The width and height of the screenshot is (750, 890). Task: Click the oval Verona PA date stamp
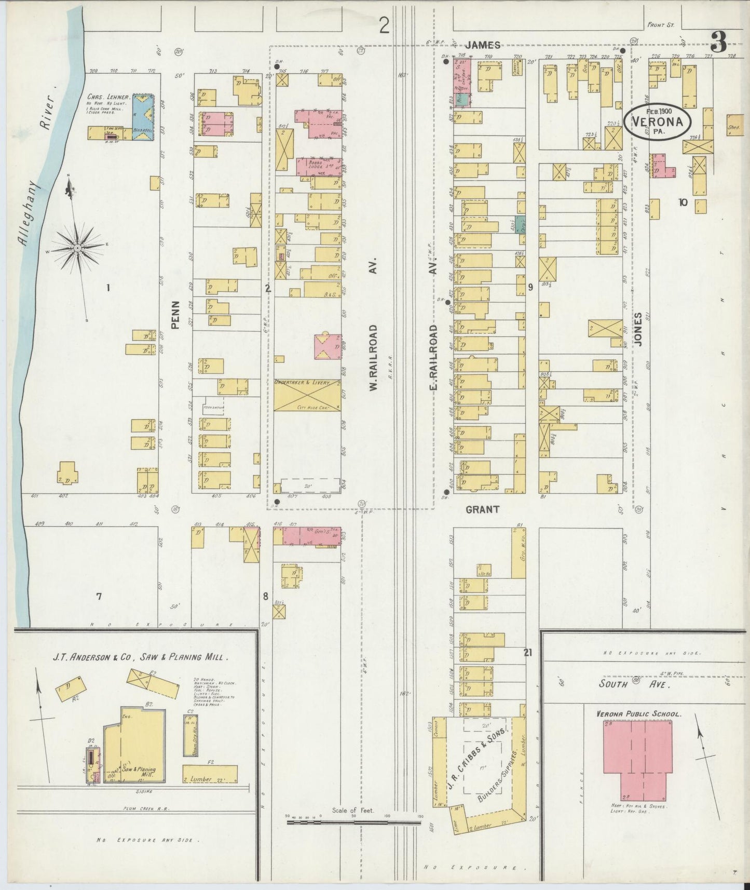point(658,122)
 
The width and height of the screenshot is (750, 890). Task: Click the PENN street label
point(176,315)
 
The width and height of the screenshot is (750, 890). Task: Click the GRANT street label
point(482,509)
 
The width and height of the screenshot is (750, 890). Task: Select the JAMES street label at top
point(483,45)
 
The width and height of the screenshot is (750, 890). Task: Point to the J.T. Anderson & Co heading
point(140,657)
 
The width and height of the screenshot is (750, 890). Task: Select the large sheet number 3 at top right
point(718,43)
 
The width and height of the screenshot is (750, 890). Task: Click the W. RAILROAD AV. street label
point(373,358)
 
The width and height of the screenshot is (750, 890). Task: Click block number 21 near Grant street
point(528,653)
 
